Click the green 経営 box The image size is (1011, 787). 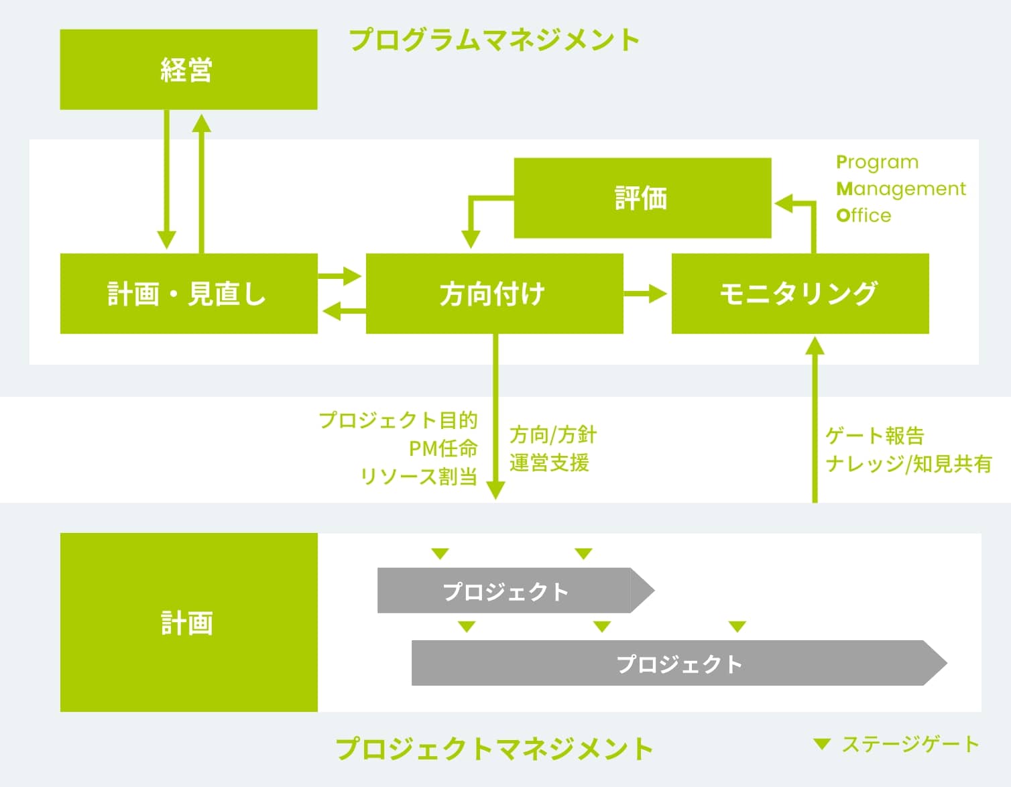point(188,69)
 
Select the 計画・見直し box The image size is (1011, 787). point(188,294)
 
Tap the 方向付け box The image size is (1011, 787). point(494,294)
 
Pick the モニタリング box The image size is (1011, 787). point(800,294)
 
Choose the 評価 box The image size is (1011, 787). point(642,198)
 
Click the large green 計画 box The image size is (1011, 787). point(188,622)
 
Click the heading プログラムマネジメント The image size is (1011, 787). point(494,40)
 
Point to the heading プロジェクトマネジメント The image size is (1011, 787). point(494,748)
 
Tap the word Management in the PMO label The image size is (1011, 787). point(901,189)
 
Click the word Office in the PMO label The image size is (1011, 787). point(864,215)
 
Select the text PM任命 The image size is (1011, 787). point(443,448)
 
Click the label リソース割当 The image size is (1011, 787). point(419,476)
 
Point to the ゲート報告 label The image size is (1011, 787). point(875,436)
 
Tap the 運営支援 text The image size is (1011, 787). point(549,463)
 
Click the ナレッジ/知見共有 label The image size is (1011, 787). point(908,463)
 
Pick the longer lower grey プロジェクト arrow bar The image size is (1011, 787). point(678,663)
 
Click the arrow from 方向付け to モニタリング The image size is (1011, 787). point(646,294)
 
